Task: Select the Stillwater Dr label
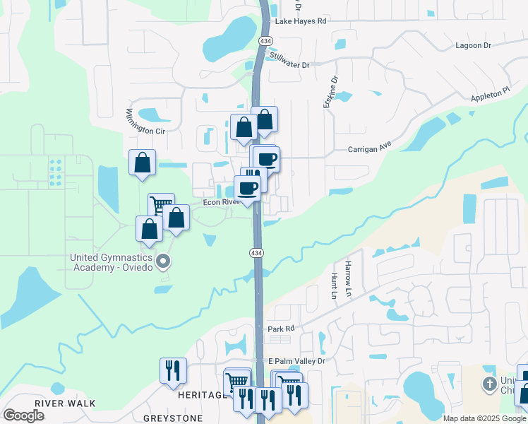(288, 65)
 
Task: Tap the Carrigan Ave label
(368, 149)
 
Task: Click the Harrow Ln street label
(348, 273)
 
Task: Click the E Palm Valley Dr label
(296, 361)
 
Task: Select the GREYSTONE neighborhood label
(173, 418)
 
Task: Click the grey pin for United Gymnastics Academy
(163, 262)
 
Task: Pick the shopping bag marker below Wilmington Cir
(142, 162)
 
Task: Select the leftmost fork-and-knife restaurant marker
(173, 370)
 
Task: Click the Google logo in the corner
(23, 416)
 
